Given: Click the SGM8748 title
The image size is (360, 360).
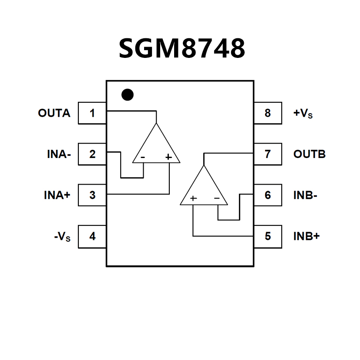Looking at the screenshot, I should [182, 48].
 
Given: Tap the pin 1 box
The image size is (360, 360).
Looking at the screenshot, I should [92, 113].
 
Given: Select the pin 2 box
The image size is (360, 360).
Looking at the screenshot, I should [92, 154].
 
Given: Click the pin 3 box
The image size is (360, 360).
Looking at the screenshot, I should [92, 195].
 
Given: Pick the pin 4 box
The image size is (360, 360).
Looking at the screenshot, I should [92, 236].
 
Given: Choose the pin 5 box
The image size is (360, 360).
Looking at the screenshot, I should [267, 236].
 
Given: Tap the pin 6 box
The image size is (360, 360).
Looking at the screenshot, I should [267, 195].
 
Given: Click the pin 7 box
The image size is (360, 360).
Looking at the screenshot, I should [267, 154].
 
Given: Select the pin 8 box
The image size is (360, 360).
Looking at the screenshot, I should [267, 113].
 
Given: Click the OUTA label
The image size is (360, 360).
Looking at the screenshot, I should [54, 113].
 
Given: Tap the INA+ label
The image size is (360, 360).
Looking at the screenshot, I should [57, 195].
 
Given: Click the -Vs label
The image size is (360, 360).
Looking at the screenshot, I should [62, 237].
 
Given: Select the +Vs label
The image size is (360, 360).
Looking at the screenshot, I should [303, 114].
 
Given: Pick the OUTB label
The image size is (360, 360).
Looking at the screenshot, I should [310, 154].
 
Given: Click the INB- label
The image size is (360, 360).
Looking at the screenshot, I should [305, 195].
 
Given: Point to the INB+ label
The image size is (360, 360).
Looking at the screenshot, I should [306, 236].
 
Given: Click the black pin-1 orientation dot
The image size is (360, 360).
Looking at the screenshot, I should [127, 94].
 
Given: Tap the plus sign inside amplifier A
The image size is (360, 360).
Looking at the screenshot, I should [168, 157].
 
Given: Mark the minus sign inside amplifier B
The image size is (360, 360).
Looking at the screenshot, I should [217, 199].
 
